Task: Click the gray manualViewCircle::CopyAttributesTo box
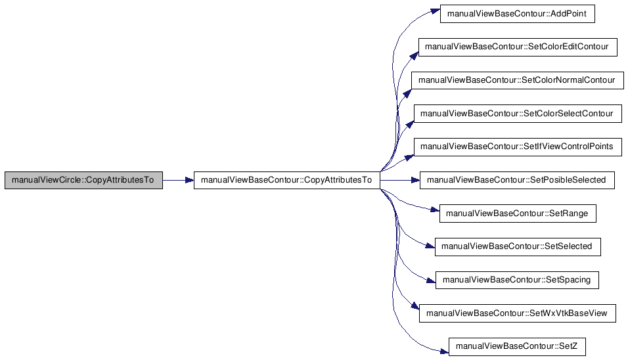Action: tap(83, 180)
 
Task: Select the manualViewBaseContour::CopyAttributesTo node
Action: tap(287, 180)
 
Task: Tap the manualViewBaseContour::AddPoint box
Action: tap(518, 14)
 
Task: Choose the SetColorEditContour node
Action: tap(518, 47)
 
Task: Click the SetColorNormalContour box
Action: tap(518, 81)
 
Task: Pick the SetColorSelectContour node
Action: tap(518, 114)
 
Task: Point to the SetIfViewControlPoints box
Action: tap(518, 147)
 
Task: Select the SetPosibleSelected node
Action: tap(517, 180)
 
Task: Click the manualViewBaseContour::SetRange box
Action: tap(518, 214)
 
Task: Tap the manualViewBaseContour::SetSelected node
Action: tap(518, 246)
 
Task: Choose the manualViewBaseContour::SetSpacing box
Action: tap(517, 280)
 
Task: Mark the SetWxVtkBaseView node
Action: tap(518, 313)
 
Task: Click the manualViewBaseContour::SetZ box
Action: tap(517, 347)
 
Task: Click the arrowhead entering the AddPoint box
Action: tap(436, 11)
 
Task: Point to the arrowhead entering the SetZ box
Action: tap(444, 351)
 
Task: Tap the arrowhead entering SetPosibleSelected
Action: tap(415, 180)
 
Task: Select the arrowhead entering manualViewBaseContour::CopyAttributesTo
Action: tap(189, 180)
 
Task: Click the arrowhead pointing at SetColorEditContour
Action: tap(414, 55)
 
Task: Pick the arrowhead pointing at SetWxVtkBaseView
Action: tap(415, 306)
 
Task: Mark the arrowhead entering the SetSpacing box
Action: tap(432, 281)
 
